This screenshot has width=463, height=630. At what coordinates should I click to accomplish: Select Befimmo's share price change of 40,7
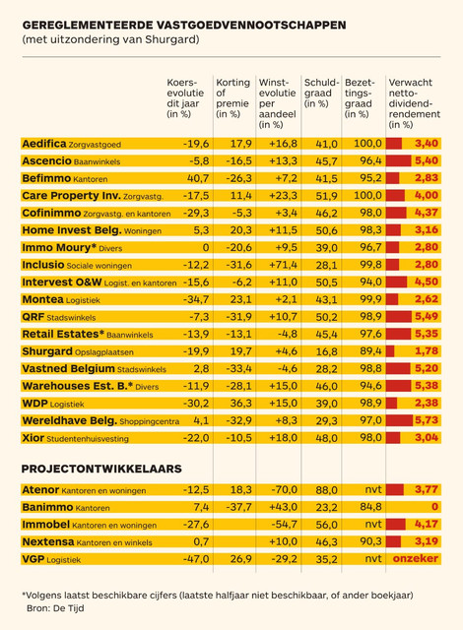pyautogui.click(x=198, y=178)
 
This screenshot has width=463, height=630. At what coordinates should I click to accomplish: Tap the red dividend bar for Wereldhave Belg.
pyautogui.click(x=399, y=420)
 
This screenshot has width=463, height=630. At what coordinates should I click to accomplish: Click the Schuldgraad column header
pyautogui.click(x=321, y=93)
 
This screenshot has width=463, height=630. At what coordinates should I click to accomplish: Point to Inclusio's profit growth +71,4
pyautogui.click(x=283, y=265)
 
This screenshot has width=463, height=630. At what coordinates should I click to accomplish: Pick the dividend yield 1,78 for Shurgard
pyautogui.click(x=427, y=351)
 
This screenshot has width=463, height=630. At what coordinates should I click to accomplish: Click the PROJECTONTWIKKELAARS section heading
pyautogui.click(x=101, y=469)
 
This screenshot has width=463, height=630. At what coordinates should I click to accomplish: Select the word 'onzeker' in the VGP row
pyautogui.click(x=416, y=558)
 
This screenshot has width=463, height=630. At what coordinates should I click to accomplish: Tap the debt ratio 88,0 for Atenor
pyautogui.click(x=326, y=490)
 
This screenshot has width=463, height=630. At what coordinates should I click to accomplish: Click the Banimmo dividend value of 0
pyautogui.click(x=434, y=507)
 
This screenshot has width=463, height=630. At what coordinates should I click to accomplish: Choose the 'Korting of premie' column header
pyautogui.click(x=232, y=98)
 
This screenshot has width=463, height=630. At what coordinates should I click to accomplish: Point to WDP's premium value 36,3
pyautogui.click(x=240, y=403)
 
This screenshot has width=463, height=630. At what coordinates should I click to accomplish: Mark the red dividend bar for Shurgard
pyautogui.click(x=390, y=351)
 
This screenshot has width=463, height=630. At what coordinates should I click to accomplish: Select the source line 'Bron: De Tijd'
pyautogui.click(x=55, y=608)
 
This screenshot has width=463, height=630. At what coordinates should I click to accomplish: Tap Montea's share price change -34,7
pyautogui.click(x=196, y=299)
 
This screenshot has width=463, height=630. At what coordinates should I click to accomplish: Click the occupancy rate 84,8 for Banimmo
pyautogui.click(x=370, y=507)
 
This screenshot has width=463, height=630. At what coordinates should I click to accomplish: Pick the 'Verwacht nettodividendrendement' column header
pyautogui.click(x=414, y=103)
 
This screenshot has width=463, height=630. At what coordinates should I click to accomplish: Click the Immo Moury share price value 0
pyautogui.click(x=205, y=247)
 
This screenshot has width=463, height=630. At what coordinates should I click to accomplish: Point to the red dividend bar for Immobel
pyautogui.click(x=396, y=524)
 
